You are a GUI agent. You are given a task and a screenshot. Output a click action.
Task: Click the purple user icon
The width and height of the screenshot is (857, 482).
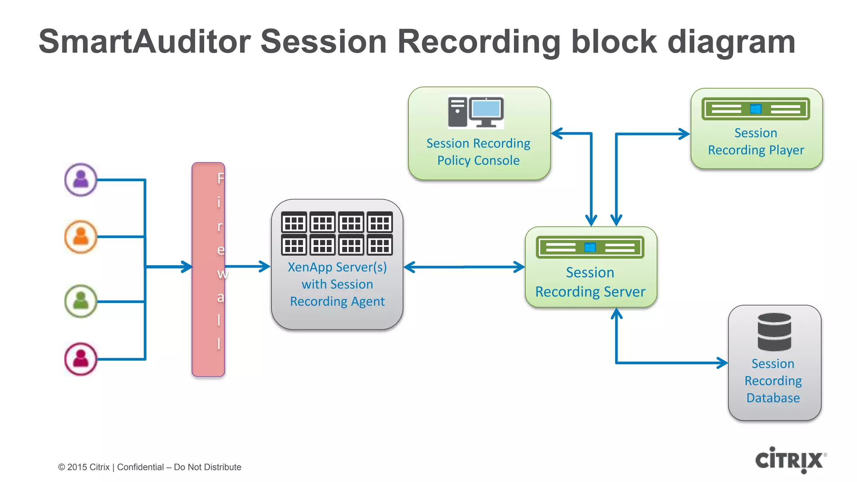pyautogui.click(x=81, y=179)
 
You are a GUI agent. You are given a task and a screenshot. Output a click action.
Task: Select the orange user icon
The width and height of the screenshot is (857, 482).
pyautogui.click(x=81, y=237)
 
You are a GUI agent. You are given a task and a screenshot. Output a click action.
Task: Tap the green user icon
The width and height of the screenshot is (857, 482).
pyautogui.click(x=81, y=301)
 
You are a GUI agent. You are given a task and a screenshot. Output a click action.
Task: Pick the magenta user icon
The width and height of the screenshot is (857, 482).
pyautogui.click(x=81, y=359)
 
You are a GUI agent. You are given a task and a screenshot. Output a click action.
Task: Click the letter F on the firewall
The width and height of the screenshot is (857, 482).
pyautogui.click(x=221, y=179)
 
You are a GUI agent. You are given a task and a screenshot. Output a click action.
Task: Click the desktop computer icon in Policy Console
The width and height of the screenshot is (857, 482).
pyautogui.click(x=476, y=112)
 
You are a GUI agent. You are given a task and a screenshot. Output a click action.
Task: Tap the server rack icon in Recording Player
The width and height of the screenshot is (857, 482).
pyautogui.click(x=756, y=109)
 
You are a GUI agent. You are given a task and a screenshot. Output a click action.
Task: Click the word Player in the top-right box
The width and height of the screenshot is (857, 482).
pyautogui.click(x=786, y=150)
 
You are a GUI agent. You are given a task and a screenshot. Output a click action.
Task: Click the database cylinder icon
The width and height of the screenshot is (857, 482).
pyautogui.click(x=774, y=332)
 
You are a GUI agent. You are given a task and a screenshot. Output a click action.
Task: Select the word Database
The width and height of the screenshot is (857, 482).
pyautogui.click(x=773, y=398)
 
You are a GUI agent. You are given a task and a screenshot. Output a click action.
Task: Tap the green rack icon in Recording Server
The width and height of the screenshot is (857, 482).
pyautogui.click(x=590, y=247)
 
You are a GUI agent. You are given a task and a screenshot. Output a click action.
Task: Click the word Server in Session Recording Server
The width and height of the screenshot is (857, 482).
pyautogui.click(x=624, y=292)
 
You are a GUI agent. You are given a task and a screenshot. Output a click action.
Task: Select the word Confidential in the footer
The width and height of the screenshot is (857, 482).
pyautogui.click(x=140, y=467)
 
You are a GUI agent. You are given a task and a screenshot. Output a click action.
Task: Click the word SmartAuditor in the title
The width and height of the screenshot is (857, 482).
pyautogui.click(x=144, y=42)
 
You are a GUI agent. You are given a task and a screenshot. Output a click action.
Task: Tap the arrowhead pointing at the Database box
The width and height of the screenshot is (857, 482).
pyautogui.click(x=722, y=363)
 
